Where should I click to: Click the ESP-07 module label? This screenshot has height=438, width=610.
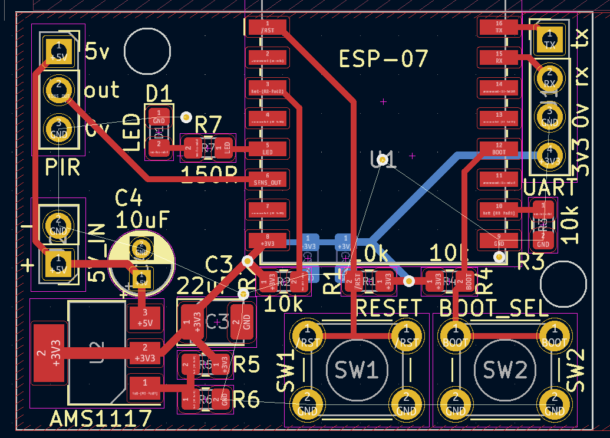tap(383, 59)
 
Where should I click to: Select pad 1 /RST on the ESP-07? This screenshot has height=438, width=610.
tap(268, 27)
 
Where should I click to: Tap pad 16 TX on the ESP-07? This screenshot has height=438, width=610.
tap(499, 27)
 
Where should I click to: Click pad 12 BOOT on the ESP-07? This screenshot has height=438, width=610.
tap(499, 147)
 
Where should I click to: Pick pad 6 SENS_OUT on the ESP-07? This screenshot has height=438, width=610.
tap(268, 178)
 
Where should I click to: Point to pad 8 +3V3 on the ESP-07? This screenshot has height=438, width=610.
tap(268, 239)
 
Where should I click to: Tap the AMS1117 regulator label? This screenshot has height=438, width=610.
tap(100, 419)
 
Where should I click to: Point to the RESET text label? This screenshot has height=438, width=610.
tap(389, 308)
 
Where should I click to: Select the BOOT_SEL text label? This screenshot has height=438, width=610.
tap(494, 308)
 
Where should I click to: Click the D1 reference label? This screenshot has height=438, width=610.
tap(158, 93)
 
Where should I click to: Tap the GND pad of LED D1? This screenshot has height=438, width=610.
tap(159, 117)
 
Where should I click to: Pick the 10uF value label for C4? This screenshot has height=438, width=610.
tap(143, 219)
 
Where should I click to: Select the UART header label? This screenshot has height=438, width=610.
tap(550, 187)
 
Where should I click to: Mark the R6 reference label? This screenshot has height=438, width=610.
tap(246, 400)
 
